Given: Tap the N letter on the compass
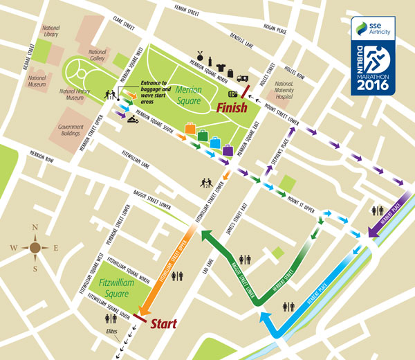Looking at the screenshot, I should point(34,229).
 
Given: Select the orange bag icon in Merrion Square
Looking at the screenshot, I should point(190,129).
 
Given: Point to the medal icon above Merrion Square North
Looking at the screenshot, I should point(202,55).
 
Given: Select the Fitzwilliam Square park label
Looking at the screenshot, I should point(115,287).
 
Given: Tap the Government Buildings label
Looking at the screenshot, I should point(71,131).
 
